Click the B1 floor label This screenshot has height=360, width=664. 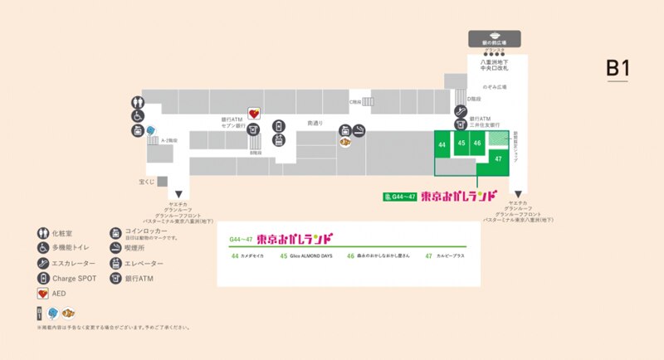(x=617, y=68)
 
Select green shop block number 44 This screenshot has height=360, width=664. (x=442, y=144)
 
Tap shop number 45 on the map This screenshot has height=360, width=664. (x=461, y=144)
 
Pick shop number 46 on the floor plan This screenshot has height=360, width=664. (x=477, y=144)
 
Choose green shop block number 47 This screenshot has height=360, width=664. (x=497, y=158)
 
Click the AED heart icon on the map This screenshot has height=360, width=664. (x=255, y=114)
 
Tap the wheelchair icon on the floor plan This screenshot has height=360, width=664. (x=137, y=116)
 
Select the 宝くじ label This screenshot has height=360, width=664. (x=147, y=180)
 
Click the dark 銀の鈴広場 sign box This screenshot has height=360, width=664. (x=495, y=37)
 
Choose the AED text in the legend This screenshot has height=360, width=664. (x=59, y=294)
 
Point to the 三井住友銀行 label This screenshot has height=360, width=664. (x=482, y=126)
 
